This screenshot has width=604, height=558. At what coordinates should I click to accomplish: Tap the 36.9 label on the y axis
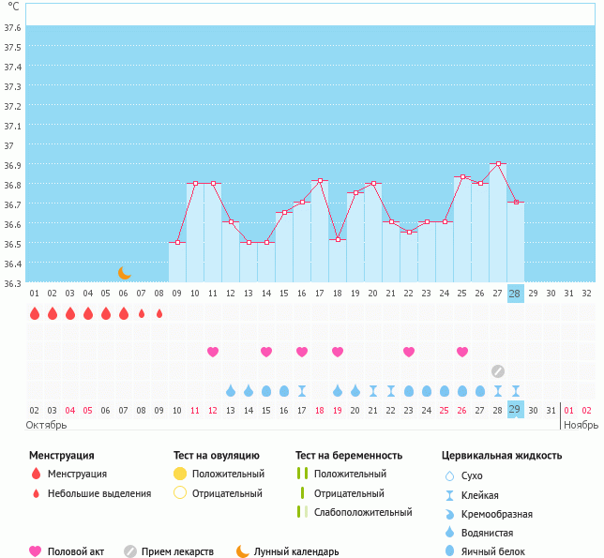coord(11,166)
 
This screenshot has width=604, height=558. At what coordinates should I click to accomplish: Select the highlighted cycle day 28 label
coord(515,293)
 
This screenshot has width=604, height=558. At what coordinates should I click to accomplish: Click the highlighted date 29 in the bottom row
coord(515,410)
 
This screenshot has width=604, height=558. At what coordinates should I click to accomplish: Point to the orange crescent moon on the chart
coord(125,272)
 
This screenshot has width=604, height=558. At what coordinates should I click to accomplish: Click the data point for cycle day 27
coord(497,164)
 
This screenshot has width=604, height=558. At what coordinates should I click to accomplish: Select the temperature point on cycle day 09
coord(177,242)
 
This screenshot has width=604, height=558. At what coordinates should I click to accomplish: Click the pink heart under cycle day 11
coord(213,352)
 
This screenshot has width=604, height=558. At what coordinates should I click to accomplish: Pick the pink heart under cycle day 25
coord(462,352)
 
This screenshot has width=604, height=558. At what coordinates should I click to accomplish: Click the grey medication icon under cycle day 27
coord(497,370)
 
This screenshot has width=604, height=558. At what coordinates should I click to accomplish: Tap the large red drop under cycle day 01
coord(35,313)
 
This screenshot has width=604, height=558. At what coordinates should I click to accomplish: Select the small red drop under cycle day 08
coord(159,313)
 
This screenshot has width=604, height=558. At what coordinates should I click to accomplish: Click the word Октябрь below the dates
coord(45,425)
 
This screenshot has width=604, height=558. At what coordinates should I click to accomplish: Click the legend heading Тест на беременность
coord(348,456)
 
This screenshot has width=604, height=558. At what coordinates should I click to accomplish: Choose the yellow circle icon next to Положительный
coord(180,474)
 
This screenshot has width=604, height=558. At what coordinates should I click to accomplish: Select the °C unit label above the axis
coord(13,7)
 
